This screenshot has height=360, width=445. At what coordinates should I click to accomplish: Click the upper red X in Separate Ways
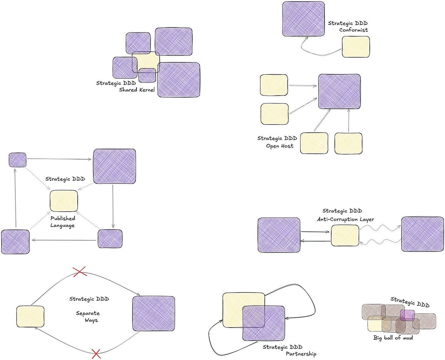point(80,272)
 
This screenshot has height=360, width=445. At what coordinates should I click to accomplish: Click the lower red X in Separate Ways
point(96,354)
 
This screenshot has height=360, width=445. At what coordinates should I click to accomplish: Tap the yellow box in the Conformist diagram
point(356,47)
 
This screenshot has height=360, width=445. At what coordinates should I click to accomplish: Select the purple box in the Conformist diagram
point(303,19)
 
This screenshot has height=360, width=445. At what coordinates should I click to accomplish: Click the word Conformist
point(353,30)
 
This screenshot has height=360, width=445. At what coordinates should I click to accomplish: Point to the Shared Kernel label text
point(137,90)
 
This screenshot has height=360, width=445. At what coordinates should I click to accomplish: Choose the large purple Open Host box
point(339,91)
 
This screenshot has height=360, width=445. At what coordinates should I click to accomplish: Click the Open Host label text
point(280,146)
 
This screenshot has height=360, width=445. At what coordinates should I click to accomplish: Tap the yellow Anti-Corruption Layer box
point(345,236)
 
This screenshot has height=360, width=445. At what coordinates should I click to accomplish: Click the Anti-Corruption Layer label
point(345,219)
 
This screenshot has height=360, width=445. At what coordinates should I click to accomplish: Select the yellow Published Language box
point(64,201)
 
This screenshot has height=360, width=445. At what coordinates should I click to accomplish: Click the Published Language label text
point(63,222)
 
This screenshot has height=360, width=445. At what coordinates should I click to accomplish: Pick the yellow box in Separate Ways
point(30,316)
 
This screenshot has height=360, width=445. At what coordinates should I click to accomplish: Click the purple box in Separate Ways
point(153,313)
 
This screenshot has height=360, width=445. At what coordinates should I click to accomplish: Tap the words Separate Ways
point(87,316)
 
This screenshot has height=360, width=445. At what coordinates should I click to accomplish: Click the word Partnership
point(301,354)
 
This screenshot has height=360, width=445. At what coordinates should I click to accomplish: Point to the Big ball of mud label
point(393,338)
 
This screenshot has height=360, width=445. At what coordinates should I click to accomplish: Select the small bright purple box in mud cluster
point(407,315)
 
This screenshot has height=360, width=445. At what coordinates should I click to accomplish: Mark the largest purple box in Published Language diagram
point(114,166)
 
